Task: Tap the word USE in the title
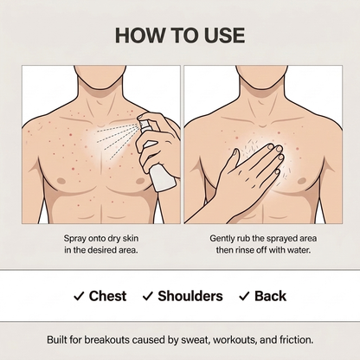(x=225, y=35)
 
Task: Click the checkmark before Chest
(x=79, y=296)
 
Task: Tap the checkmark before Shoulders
(x=147, y=296)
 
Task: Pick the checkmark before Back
(x=244, y=296)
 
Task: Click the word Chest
(x=107, y=296)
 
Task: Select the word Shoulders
(x=190, y=296)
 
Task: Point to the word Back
(x=270, y=296)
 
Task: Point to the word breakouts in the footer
(x=106, y=340)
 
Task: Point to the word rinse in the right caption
(x=244, y=250)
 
